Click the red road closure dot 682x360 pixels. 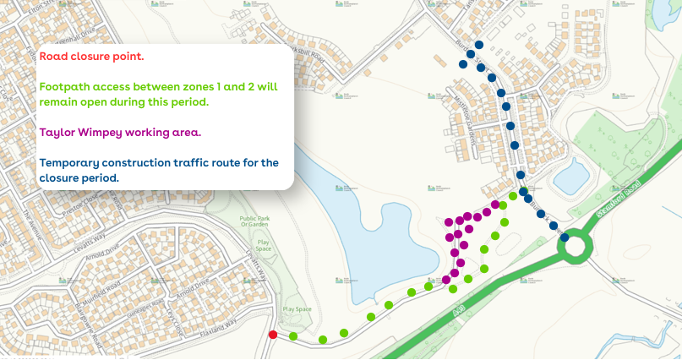(272, 335)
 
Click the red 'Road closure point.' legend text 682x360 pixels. (91, 57)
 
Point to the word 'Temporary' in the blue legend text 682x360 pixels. (74, 162)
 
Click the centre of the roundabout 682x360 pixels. (576, 246)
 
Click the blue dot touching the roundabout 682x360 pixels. (564, 237)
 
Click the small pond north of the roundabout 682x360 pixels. (571, 176)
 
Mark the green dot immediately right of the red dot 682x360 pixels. (292, 336)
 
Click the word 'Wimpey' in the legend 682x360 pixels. (105, 132)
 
